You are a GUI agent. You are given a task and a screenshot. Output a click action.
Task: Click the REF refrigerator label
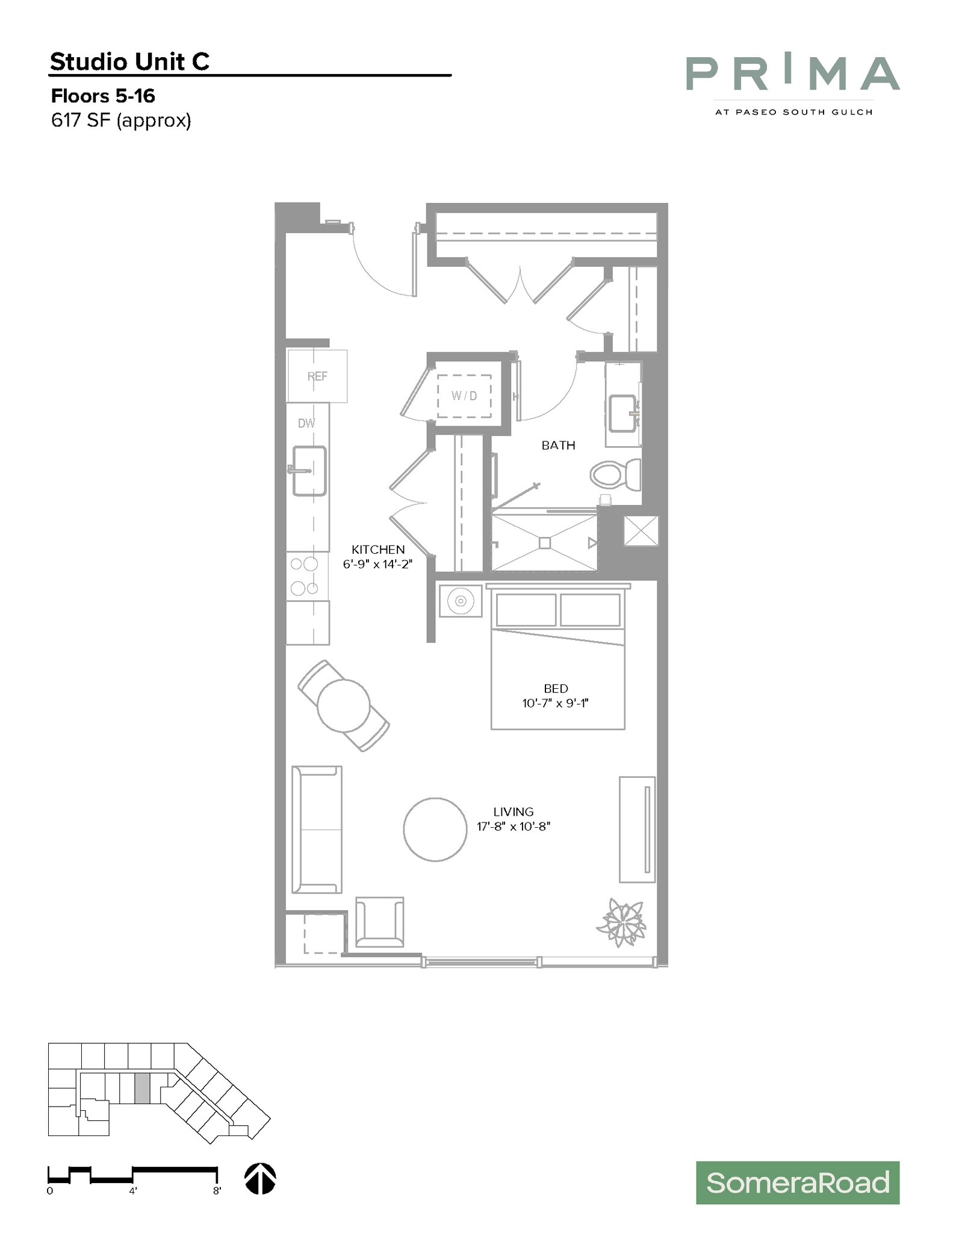point(317,376)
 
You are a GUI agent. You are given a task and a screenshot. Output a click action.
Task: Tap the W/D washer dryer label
point(464,396)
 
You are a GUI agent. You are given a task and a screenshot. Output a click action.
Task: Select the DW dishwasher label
point(306,423)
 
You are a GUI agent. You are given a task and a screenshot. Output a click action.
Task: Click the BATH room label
point(558,446)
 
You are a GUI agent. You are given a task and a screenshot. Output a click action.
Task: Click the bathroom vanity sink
point(622,413)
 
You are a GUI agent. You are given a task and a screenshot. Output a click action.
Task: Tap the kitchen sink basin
point(309,471)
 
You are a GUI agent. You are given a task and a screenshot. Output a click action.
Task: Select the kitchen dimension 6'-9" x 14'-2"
point(378,564)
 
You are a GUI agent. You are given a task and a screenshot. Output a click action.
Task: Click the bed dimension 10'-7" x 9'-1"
point(555,703)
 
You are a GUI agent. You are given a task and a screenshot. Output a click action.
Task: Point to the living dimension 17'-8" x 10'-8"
point(514,827)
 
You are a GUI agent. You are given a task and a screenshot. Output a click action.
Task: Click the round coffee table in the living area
point(435,829)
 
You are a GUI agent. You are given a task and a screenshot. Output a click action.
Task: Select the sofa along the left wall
point(317,829)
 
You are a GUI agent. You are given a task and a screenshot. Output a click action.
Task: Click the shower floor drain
point(544,543)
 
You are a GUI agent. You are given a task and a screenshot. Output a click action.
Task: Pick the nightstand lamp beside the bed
point(461,601)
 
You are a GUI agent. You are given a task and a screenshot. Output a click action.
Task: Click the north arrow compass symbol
point(260,1178)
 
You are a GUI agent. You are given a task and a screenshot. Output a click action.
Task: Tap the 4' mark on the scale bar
point(132,1190)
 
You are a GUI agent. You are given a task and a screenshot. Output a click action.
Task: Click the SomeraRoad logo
point(797,1182)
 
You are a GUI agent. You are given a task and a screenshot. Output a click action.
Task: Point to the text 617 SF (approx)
point(121,120)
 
